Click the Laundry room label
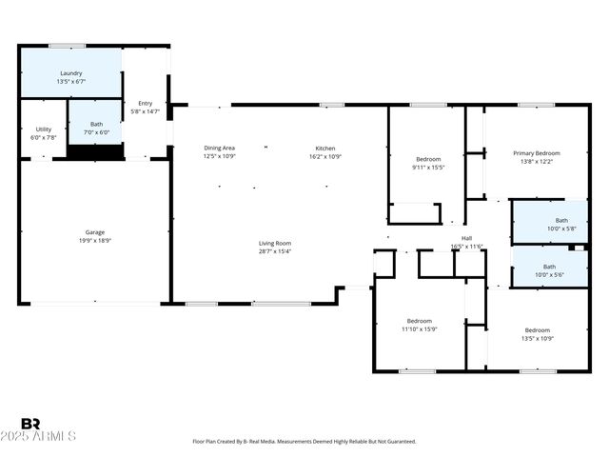[71, 73]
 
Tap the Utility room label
[44, 129]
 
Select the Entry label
[145, 104]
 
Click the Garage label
[95, 232]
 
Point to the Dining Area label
[219, 148]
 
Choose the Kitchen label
[325, 148]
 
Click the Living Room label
[275, 243]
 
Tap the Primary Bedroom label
[537, 153]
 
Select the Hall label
[467, 238]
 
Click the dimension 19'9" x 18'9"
[95, 241]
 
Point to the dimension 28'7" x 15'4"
[275, 251]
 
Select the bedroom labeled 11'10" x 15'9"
[420, 321]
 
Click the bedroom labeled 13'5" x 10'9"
[538, 330]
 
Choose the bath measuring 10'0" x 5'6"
[549, 267]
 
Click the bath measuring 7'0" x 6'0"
[97, 124]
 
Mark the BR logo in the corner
[30, 424]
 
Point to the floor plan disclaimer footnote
[304, 442]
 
